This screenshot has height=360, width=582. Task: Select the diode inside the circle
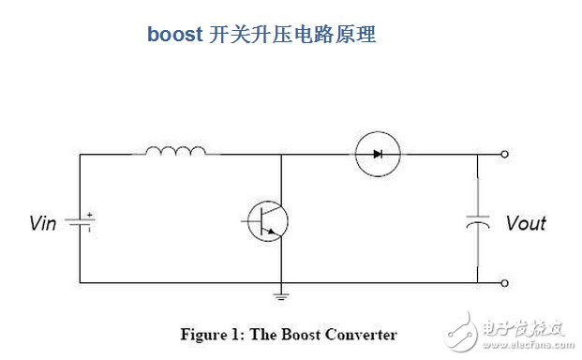[378, 153]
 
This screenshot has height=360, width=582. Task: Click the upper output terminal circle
[504, 154]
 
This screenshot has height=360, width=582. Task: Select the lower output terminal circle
[504, 282]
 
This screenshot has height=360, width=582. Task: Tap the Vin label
[43, 223]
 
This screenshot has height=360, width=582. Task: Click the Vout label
[525, 223]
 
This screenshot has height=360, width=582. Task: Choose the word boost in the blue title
[172, 36]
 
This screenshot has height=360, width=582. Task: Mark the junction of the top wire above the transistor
[280, 154]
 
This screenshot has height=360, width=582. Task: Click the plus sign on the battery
[89, 216]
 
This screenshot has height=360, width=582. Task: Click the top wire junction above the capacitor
[479, 154]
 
